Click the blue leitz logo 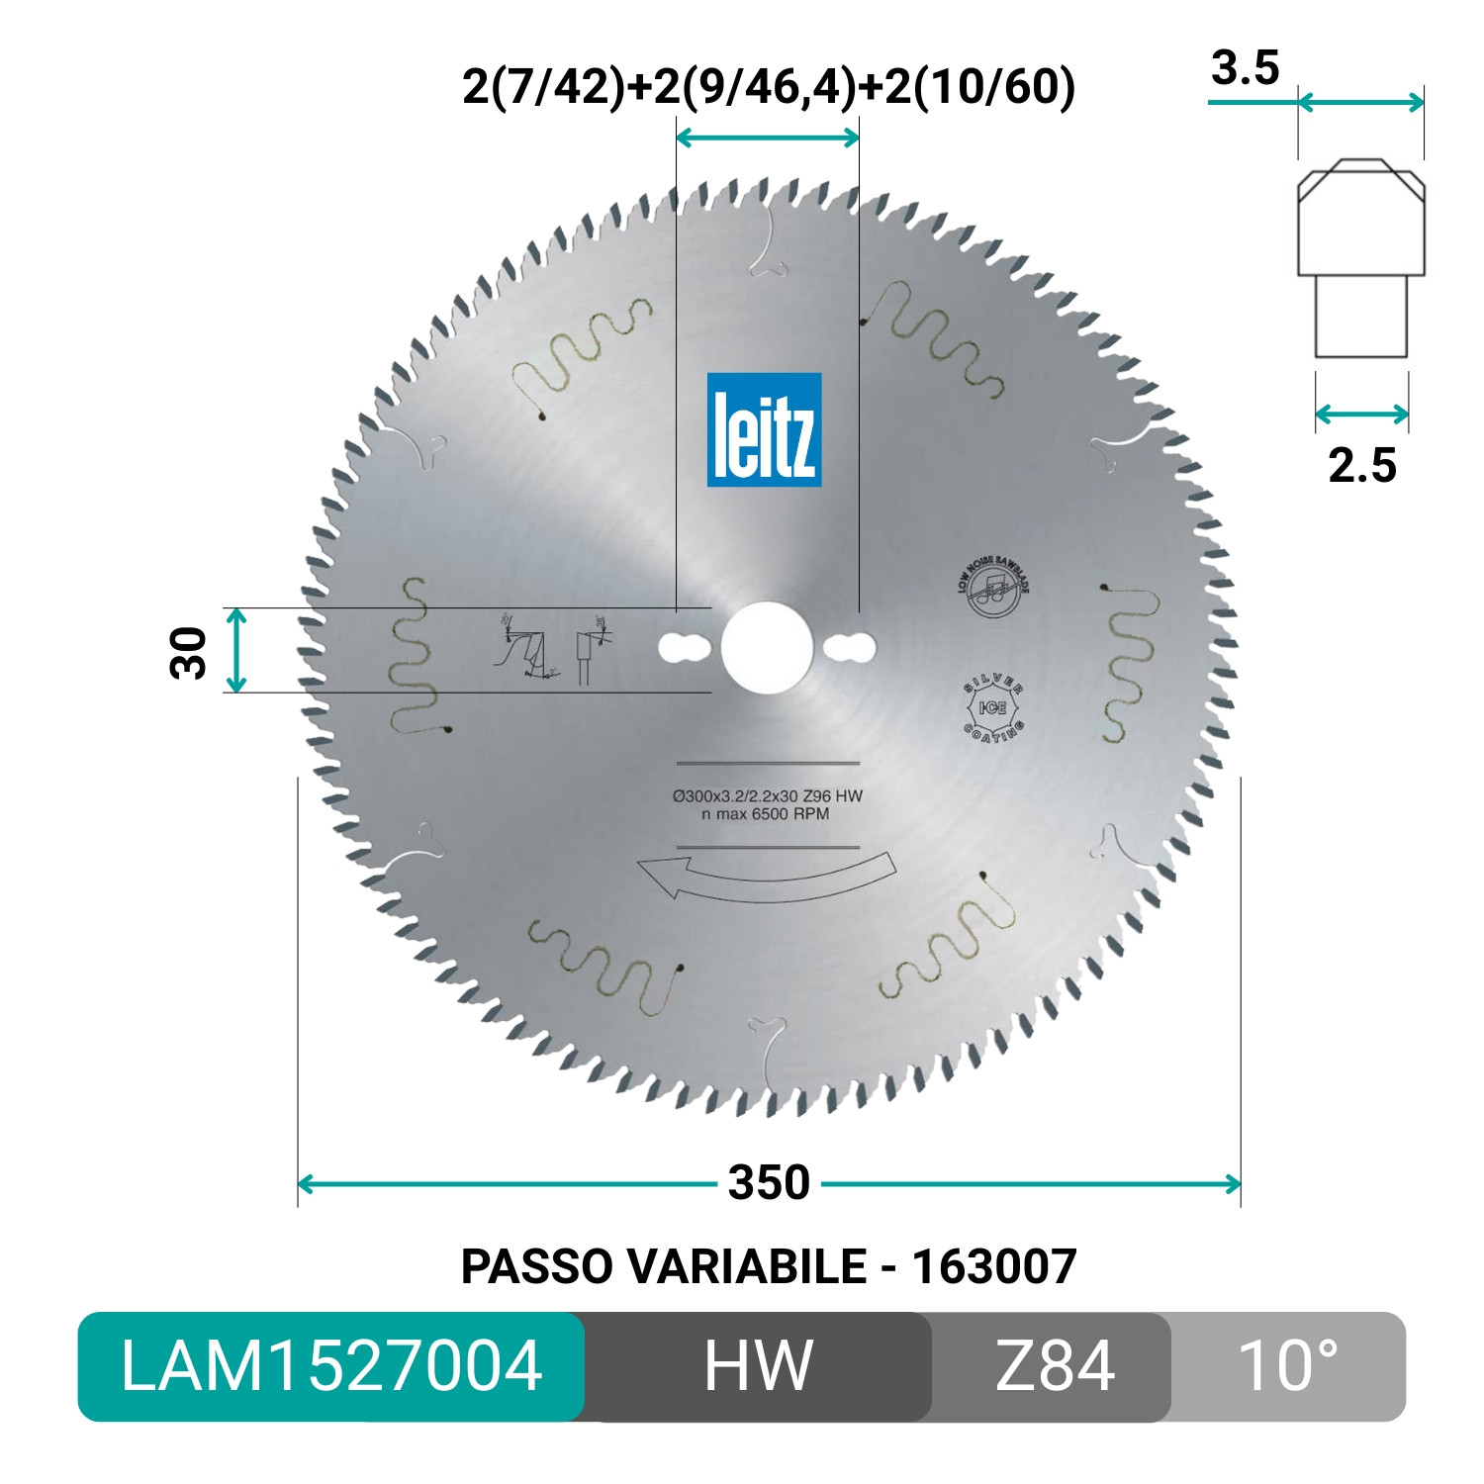click(x=764, y=429)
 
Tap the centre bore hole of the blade click(x=767, y=648)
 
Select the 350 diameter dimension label click(x=769, y=1183)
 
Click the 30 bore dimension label click(x=189, y=652)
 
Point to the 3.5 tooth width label click(x=1245, y=68)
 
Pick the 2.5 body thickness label click(x=1361, y=466)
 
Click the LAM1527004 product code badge click(x=331, y=1366)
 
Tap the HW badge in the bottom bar click(x=758, y=1366)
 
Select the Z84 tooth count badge click(x=1054, y=1366)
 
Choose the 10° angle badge click(x=1287, y=1366)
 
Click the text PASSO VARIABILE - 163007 click(x=769, y=1266)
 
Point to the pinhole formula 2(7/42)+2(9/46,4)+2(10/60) click(x=769, y=87)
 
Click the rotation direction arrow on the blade click(x=767, y=877)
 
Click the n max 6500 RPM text click(x=765, y=814)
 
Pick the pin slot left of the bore click(x=684, y=648)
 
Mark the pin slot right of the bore click(x=850, y=648)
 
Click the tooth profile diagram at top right click(x=1361, y=257)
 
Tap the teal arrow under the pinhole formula click(x=767, y=138)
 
